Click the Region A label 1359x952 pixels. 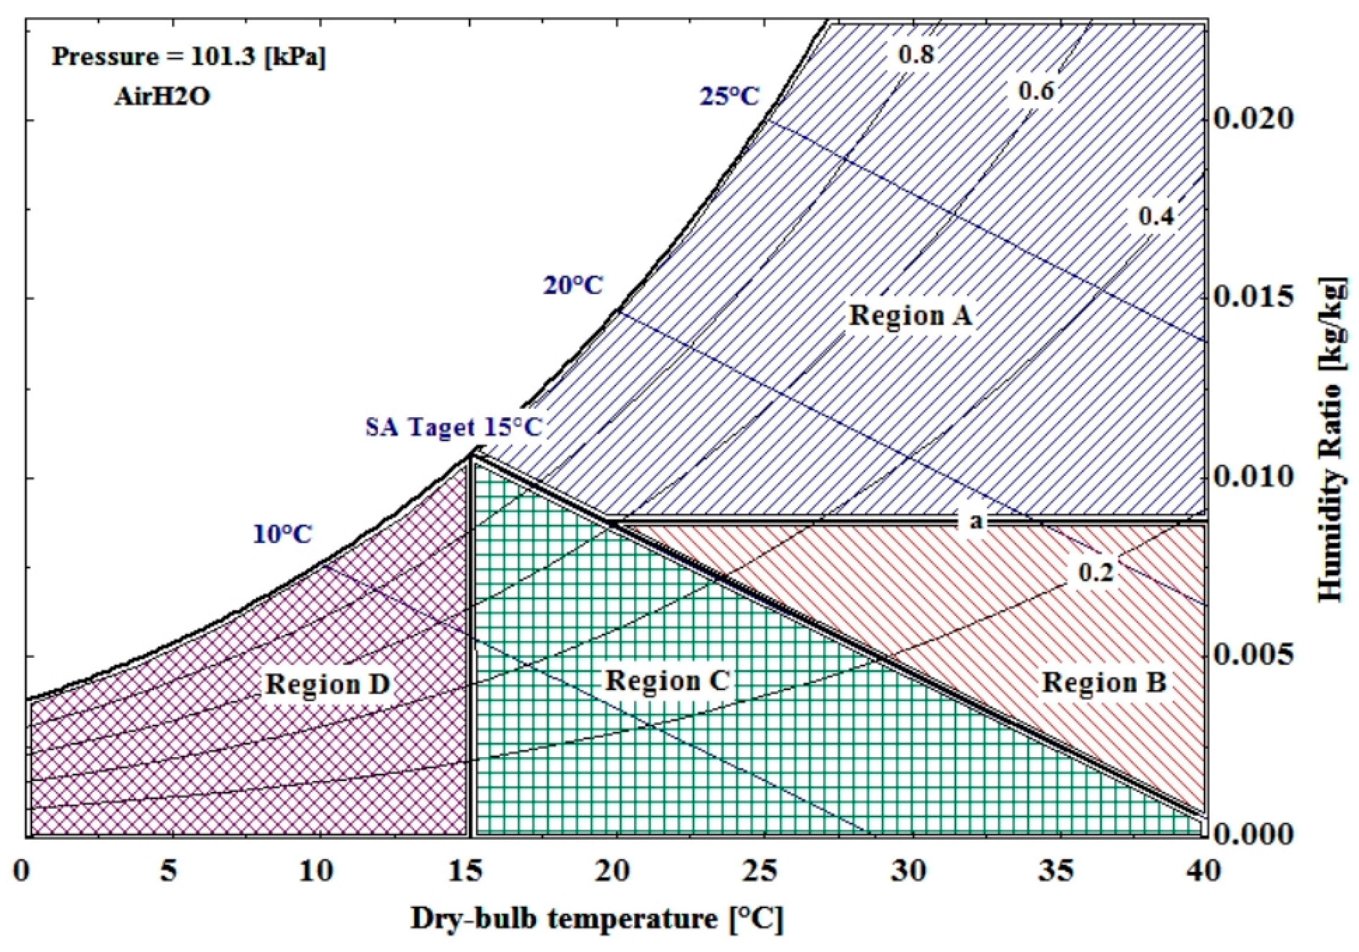[x=910, y=316]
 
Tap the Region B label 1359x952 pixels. [x=1104, y=682]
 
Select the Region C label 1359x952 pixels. [x=667, y=681]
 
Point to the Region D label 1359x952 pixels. [x=327, y=684]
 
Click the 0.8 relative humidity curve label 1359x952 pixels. [x=916, y=55]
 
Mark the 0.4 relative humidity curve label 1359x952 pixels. [x=1156, y=217]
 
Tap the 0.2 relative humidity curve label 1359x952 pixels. [x=1095, y=572]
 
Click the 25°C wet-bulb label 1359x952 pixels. [x=729, y=96]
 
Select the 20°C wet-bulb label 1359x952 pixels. [x=573, y=286]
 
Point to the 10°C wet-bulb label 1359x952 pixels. [x=282, y=534]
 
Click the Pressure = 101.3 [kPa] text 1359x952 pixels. [x=189, y=57]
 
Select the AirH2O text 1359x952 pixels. [x=162, y=97]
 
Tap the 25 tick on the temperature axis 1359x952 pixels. [x=763, y=872]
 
